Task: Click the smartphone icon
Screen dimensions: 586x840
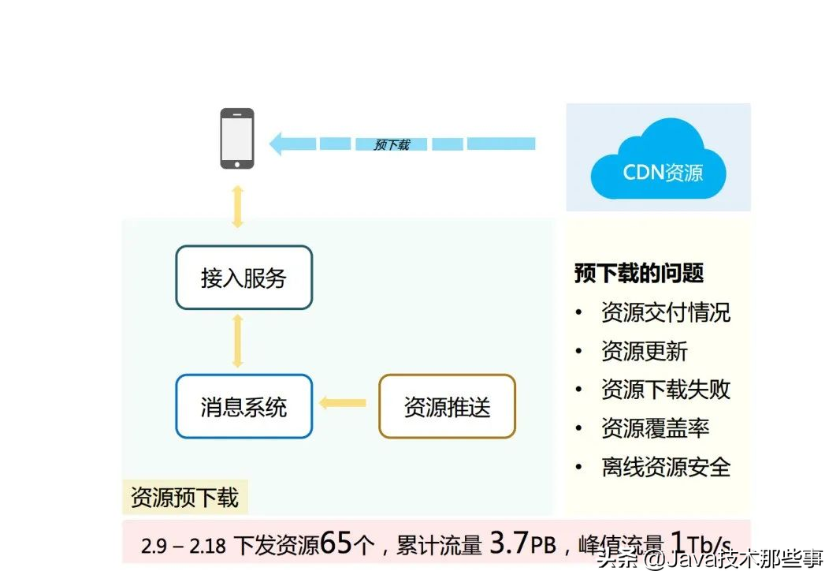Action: (x=237, y=138)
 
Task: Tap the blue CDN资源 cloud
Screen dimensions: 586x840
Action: (x=659, y=161)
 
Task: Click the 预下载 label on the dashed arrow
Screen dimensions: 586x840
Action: (x=392, y=145)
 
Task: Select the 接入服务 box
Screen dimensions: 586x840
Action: (x=243, y=278)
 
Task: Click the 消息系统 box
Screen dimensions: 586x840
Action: (x=243, y=407)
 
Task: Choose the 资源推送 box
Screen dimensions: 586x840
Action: (x=447, y=407)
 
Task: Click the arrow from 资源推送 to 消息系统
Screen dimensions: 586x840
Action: (x=343, y=404)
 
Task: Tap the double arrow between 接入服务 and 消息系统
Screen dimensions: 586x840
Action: (x=237, y=341)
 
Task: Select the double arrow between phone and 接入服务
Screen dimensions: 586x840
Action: (x=237, y=207)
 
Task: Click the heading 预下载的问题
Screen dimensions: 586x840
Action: (x=638, y=274)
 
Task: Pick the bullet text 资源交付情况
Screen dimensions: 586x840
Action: (x=665, y=312)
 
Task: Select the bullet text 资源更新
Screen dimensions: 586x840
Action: (x=644, y=351)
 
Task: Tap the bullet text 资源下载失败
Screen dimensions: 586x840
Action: (x=665, y=390)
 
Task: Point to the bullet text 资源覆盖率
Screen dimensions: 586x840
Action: (x=655, y=428)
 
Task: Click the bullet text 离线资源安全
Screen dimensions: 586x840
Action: (x=665, y=467)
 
